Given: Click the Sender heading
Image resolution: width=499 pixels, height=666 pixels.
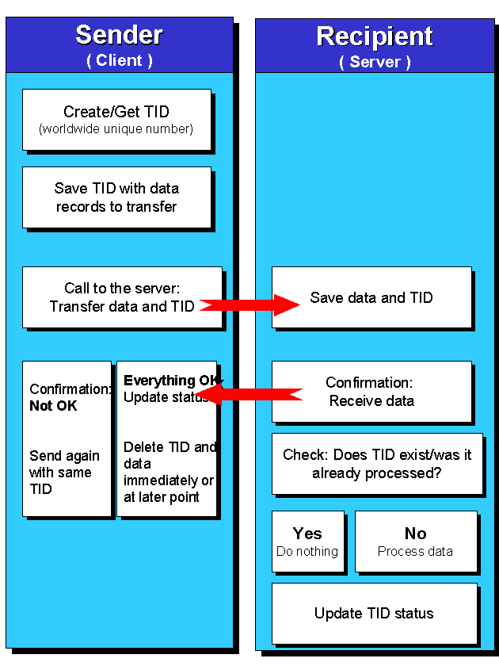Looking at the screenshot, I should [120, 35].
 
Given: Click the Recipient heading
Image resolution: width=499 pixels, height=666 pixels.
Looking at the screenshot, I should [375, 36].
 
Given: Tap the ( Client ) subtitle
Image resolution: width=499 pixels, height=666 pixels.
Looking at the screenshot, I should [120, 60].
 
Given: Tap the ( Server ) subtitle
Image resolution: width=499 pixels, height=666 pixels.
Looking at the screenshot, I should [375, 62].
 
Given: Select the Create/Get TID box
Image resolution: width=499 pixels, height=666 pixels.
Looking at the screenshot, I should [116, 120].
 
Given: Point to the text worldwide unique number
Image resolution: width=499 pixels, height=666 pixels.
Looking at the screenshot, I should [116, 128].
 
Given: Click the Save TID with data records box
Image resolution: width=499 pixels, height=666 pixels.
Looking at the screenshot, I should [116, 197].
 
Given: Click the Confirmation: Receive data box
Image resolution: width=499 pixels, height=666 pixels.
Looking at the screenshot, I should [371, 392].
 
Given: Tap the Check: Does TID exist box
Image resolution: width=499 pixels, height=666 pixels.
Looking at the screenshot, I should [377, 464].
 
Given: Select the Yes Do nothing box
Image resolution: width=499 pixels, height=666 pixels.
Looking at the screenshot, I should [307, 542].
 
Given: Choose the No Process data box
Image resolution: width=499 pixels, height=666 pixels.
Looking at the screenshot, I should [416, 542].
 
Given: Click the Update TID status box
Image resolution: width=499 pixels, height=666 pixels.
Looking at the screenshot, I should [374, 614].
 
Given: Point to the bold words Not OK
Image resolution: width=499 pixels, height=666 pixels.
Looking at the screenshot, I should [53, 406].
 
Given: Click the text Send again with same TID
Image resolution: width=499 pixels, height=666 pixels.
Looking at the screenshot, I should [64, 473].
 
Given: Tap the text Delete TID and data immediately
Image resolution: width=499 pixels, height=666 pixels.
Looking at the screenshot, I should [169, 473].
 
